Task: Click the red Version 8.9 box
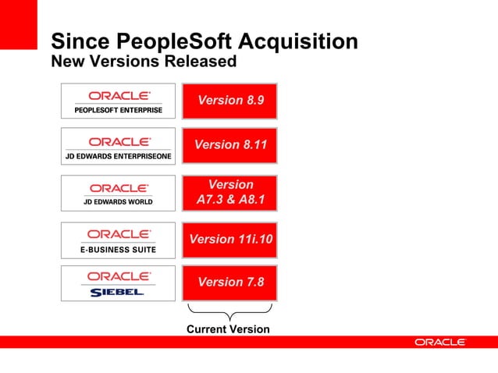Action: pos(230,100)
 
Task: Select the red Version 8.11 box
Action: pos(230,145)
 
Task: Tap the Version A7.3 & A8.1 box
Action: pos(230,193)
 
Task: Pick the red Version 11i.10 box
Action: pos(230,240)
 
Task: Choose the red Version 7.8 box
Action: pos(230,282)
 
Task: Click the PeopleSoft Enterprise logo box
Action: pos(119,101)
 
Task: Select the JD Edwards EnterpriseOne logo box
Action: pos(119,147)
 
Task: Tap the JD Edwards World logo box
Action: pos(119,194)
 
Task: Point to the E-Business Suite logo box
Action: pos(119,240)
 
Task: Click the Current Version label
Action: pos(228,329)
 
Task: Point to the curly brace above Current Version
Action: pos(229,312)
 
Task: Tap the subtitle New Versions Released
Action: pos(143,60)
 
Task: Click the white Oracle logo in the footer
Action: pos(440,343)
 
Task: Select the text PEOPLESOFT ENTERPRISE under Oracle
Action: pos(119,110)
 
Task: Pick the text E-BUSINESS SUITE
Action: pos(119,250)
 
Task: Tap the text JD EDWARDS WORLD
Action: pos(119,202)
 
